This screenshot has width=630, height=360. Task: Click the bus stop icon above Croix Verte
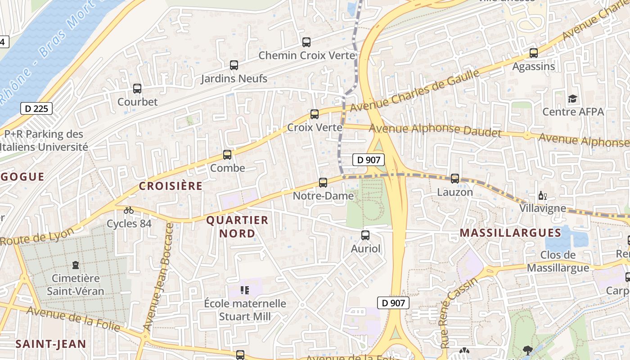315,114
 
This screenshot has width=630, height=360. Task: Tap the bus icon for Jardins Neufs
234,65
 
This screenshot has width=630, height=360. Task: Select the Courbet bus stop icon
137,89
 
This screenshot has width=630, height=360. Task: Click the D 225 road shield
36,108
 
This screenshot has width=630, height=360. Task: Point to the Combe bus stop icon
227,155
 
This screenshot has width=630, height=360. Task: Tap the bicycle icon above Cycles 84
129,210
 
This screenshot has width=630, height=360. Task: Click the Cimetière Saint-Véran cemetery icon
76,265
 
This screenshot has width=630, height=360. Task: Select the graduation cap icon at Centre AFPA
572,99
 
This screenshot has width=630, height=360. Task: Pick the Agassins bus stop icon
534,53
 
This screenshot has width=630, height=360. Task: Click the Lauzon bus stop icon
455,179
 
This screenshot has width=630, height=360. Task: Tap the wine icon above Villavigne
543,196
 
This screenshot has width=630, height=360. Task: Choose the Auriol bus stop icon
365,235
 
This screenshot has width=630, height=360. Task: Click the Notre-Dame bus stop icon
323,183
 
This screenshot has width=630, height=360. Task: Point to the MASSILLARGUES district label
511,233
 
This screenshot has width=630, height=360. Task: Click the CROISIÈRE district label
171,186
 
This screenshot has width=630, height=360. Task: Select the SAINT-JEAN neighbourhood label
51,344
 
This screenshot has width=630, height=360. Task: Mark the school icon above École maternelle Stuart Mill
245,290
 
